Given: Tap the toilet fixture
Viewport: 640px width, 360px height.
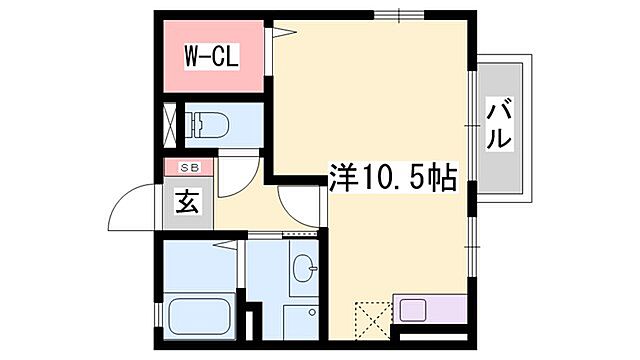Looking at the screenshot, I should (212, 125).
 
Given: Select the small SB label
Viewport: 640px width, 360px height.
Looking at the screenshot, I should (189, 167).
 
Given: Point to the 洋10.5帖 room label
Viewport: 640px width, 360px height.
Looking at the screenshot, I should (392, 179).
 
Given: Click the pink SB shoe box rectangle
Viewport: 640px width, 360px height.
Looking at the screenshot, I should (189, 167).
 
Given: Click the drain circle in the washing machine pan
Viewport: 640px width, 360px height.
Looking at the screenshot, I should (312, 312).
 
